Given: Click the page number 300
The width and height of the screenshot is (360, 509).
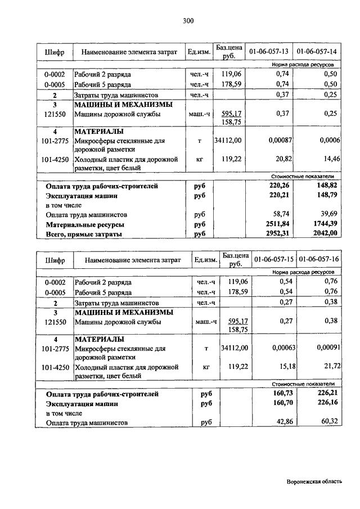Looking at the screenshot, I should [188, 21].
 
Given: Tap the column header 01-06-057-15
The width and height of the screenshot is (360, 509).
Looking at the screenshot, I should [273, 260].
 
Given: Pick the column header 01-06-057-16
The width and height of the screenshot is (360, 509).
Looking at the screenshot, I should [319, 260].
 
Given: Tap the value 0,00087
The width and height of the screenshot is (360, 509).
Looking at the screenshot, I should [276, 140].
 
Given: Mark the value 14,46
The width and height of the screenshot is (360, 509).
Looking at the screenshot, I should [330, 159].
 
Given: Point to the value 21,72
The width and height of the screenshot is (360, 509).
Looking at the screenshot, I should [330, 367].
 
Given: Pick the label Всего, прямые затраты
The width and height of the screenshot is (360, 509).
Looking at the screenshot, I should [84, 233].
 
